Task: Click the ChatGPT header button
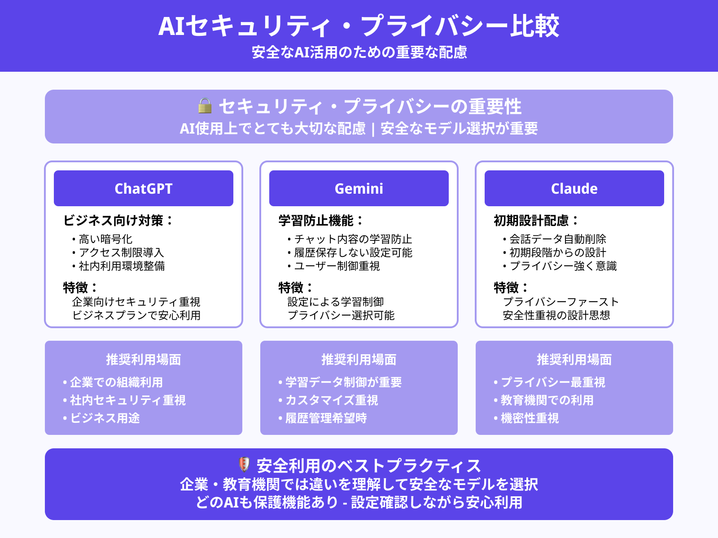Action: (144, 188)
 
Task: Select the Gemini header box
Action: (359, 188)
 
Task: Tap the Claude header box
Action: (574, 188)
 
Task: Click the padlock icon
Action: (205, 106)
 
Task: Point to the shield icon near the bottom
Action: (244, 464)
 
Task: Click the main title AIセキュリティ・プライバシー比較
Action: (359, 26)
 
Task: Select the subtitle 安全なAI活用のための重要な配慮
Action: (359, 52)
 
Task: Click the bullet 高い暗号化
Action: (105, 239)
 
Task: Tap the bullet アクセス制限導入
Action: (121, 252)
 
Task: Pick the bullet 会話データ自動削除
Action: (558, 239)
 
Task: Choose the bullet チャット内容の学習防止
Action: (353, 239)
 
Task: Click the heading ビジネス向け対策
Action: (118, 221)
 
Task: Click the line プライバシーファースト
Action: (561, 302)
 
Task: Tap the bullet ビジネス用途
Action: (105, 418)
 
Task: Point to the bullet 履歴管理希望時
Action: (326, 418)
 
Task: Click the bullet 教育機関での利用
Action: (547, 400)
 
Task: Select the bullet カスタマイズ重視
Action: (332, 400)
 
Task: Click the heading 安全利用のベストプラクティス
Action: (368, 466)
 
